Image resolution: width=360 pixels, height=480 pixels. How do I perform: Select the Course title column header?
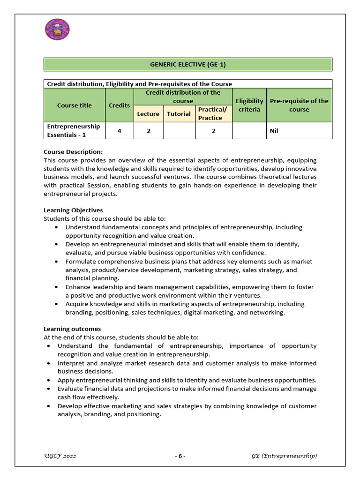pos(75,105)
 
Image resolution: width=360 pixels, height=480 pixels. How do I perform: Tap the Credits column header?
pos(120,105)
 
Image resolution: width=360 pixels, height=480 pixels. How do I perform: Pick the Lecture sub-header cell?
pos(148,114)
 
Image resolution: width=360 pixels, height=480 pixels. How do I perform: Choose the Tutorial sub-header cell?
pos(179,114)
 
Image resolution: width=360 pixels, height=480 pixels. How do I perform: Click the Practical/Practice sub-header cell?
pos(213,114)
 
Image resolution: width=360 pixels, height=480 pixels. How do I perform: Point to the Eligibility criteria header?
pos(249,105)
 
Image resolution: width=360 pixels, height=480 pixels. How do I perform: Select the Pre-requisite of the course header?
pos(299,105)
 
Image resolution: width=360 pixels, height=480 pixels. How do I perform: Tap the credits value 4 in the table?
pos(120,131)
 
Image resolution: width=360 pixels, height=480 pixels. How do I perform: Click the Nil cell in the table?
pos(274,131)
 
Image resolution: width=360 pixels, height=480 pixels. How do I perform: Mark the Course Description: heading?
pos(73,152)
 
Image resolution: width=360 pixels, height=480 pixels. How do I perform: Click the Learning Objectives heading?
pos(73,210)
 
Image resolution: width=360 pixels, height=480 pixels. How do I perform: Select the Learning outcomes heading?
pos(72,329)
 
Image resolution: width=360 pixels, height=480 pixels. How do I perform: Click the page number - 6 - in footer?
pos(180,456)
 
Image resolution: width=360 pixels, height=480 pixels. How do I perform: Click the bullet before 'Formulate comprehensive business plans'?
pos(56,262)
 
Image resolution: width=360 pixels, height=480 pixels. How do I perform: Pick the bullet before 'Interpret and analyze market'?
pos(49,363)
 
